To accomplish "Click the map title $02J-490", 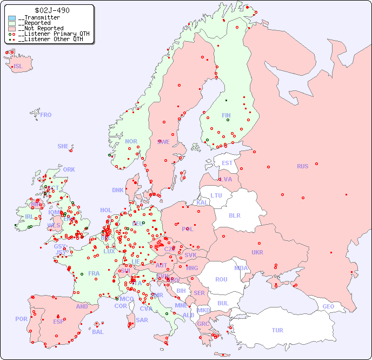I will click(x=52, y=10).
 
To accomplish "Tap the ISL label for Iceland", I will click(x=18, y=67).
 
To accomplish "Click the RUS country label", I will click(x=302, y=166).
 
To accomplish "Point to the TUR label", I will click(x=277, y=330).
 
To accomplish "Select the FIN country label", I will click(x=226, y=115).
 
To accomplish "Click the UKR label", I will click(x=257, y=252).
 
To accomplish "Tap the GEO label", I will click(x=328, y=306).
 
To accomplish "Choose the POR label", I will click(x=21, y=319).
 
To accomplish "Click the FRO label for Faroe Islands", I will click(x=46, y=115).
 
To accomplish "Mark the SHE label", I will click(x=63, y=146).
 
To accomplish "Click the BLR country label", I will click(x=235, y=215).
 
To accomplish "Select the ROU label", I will click(x=221, y=279).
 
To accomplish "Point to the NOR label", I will click(x=131, y=141).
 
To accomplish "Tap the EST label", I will click(x=227, y=163).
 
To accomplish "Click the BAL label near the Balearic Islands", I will click(x=97, y=332).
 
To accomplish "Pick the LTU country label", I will click(x=216, y=195).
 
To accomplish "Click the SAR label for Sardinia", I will click(x=142, y=320).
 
